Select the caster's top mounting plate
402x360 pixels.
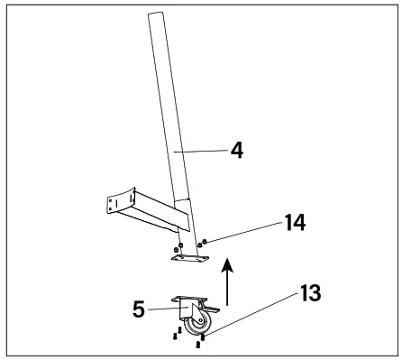pyautogui.click(x=188, y=299)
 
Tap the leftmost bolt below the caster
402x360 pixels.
pyautogui.click(x=175, y=339)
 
